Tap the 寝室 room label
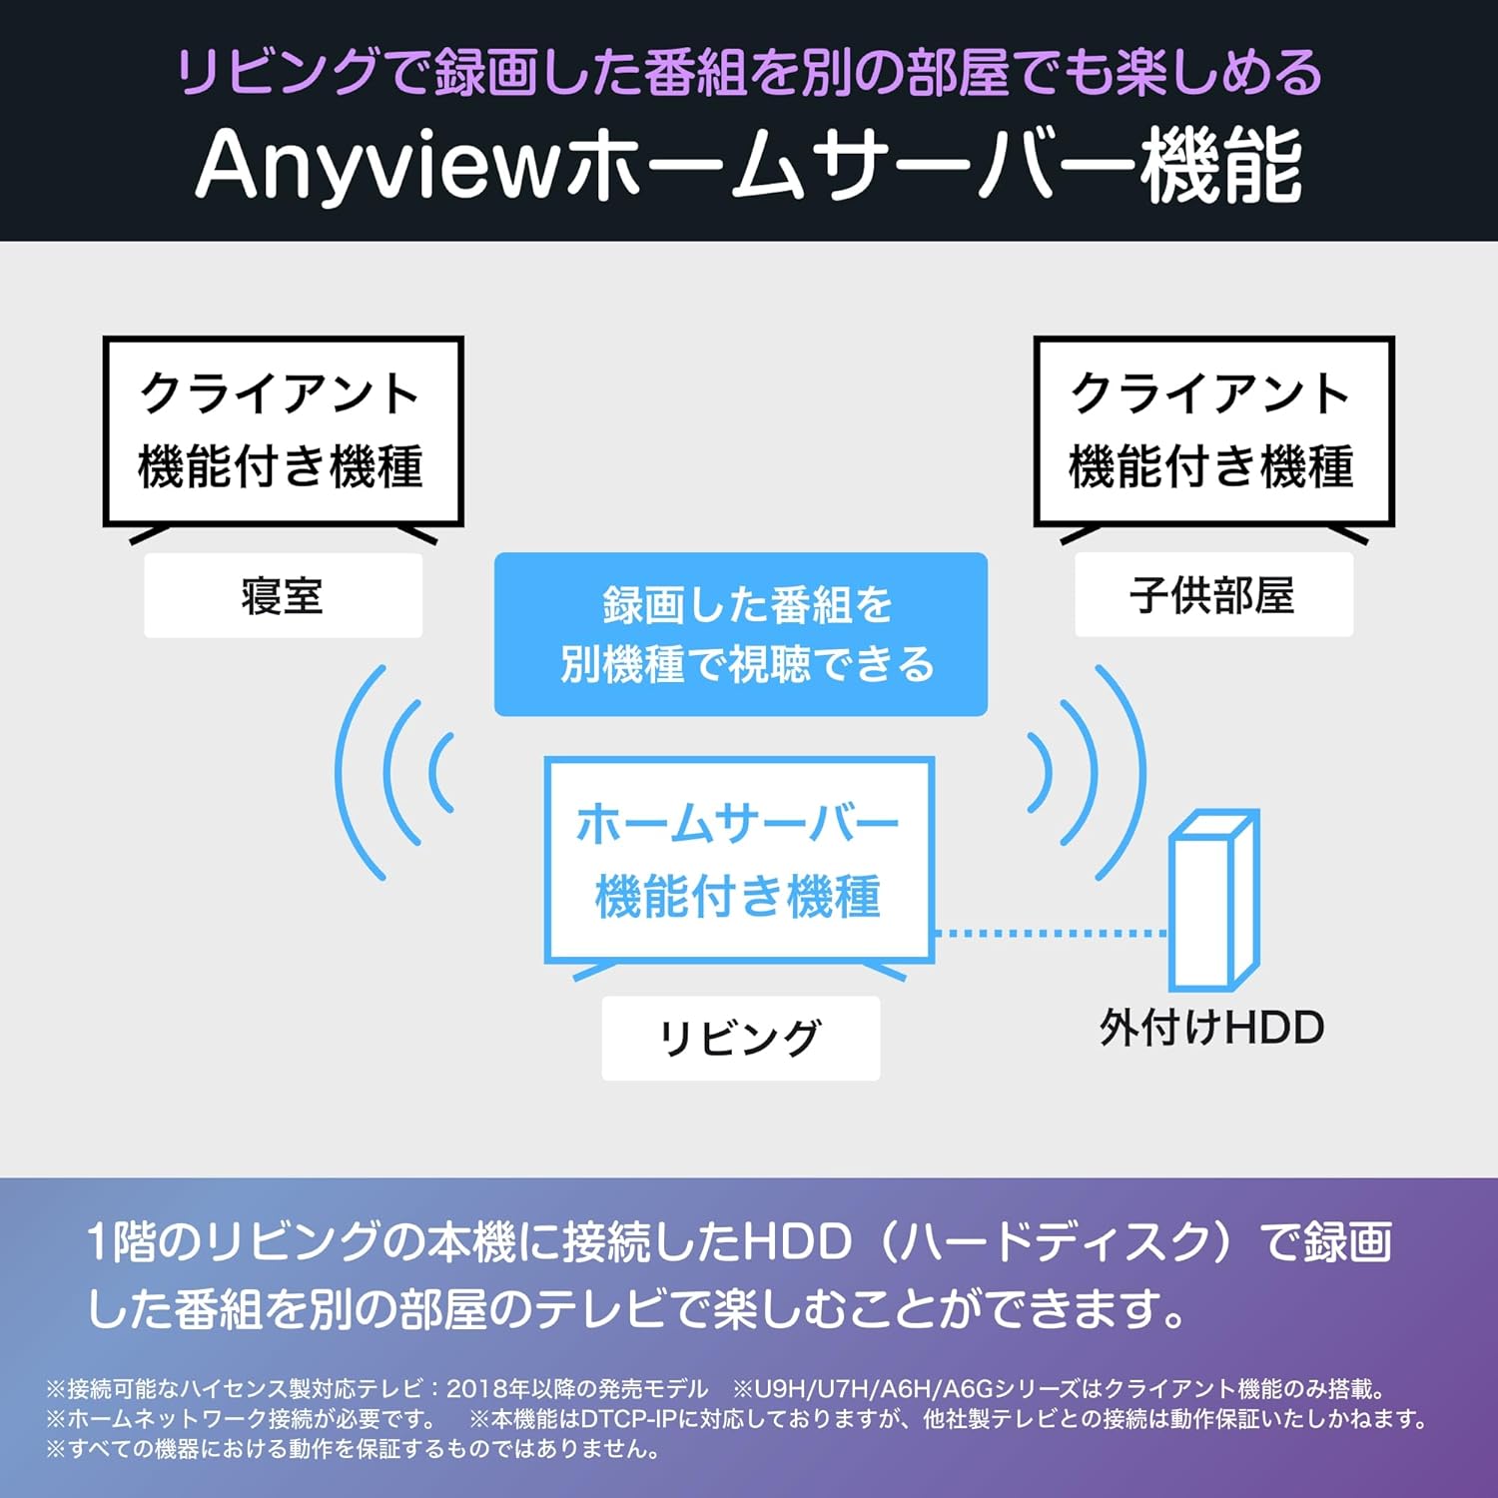(x=283, y=596)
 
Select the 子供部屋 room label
(x=1212, y=596)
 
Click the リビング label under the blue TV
(x=740, y=1039)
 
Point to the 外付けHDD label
(x=1212, y=1028)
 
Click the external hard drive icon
(x=1213, y=900)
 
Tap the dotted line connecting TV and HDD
(x=1052, y=933)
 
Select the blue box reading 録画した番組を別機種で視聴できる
(x=741, y=634)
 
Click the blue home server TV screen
(x=739, y=860)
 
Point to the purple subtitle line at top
(x=749, y=72)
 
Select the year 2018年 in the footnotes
(x=487, y=1388)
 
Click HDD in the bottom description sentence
(x=797, y=1242)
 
